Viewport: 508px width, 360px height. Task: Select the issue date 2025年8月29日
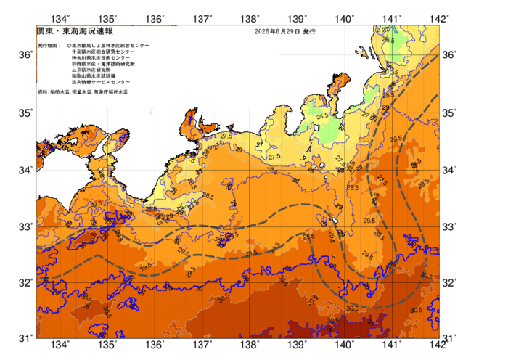pyautogui.click(x=276, y=33)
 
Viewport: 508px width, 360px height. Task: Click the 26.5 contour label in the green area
pyautogui.click(x=322, y=115)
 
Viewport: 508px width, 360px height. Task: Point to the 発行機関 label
pyautogui.click(x=46, y=46)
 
